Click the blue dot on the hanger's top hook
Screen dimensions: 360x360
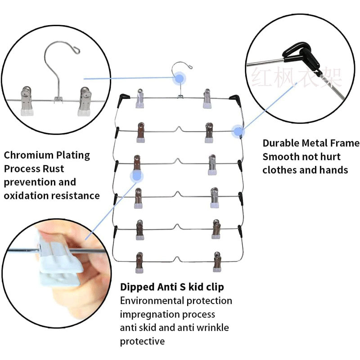(x=180, y=78)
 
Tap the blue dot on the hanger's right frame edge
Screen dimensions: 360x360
(x=238, y=131)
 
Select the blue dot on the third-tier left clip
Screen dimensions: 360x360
(x=136, y=176)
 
